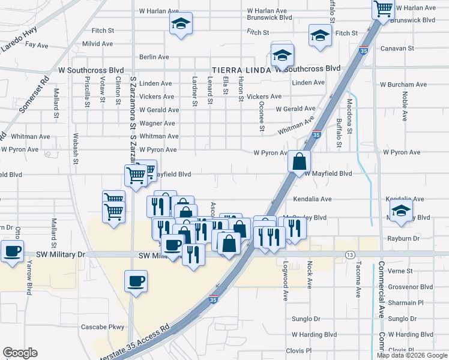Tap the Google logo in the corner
tap(20, 353)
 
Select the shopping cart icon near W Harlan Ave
tap(382, 9)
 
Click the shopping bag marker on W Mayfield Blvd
tap(299, 161)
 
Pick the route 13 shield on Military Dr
tap(349, 255)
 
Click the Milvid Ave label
tap(98, 44)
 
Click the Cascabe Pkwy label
tap(102, 327)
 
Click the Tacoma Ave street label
tap(357, 283)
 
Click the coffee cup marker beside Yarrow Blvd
tap(12, 251)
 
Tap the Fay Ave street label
tap(37, 45)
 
